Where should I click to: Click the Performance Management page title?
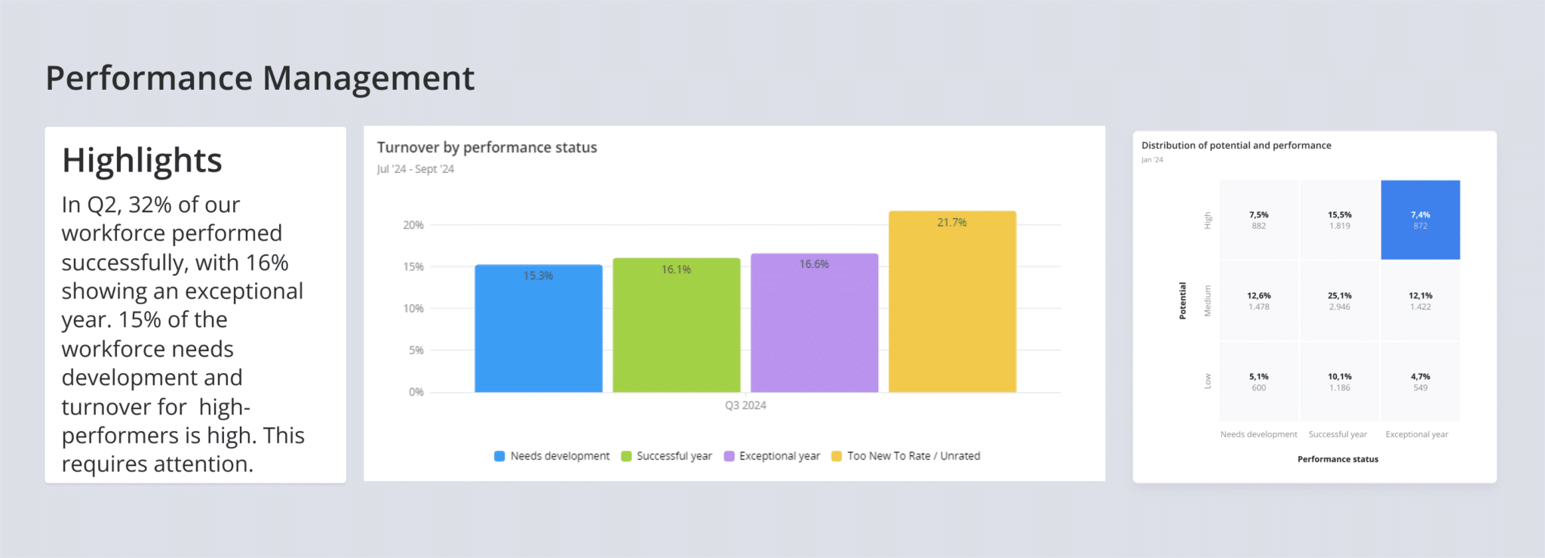pos(260,79)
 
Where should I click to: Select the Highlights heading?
pos(142,161)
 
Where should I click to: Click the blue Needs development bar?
pos(538,329)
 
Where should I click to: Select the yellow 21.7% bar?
pos(952,303)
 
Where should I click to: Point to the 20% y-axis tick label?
pos(413,225)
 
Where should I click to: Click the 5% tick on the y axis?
pos(416,350)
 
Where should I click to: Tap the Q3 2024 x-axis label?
pos(745,405)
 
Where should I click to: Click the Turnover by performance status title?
pos(487,148)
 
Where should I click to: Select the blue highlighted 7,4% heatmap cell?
pos(1421,220)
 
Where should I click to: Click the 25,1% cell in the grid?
pos(1340,301)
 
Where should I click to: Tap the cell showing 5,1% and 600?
pos(1258,381)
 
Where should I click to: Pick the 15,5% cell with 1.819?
pos(1340,220)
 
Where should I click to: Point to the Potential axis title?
pos(1183,301)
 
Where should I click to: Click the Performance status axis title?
pos(1338,459)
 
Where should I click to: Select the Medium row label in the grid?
pos(1207,301)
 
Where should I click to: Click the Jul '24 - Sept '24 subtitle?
pos(416,169)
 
